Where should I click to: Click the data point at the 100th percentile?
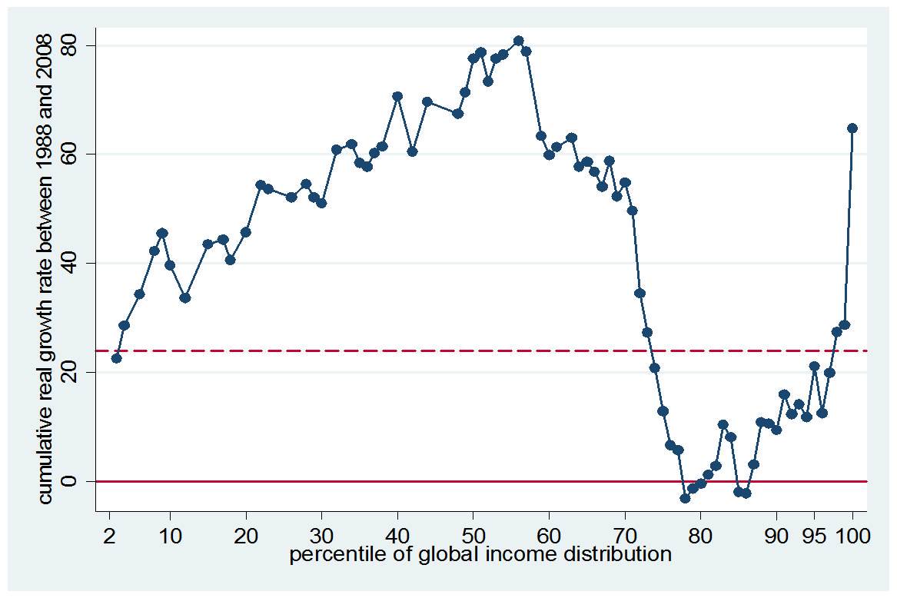tap(852, 128)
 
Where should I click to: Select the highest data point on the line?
tap(518, 41)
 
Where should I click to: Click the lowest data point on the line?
tap(685, 498)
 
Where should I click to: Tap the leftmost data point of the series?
tap(116, 358)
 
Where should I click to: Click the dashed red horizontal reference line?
tap(384, 350)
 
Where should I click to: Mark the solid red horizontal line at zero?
tap(384, 481)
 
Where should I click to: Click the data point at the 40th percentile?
tap(397, 96)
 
